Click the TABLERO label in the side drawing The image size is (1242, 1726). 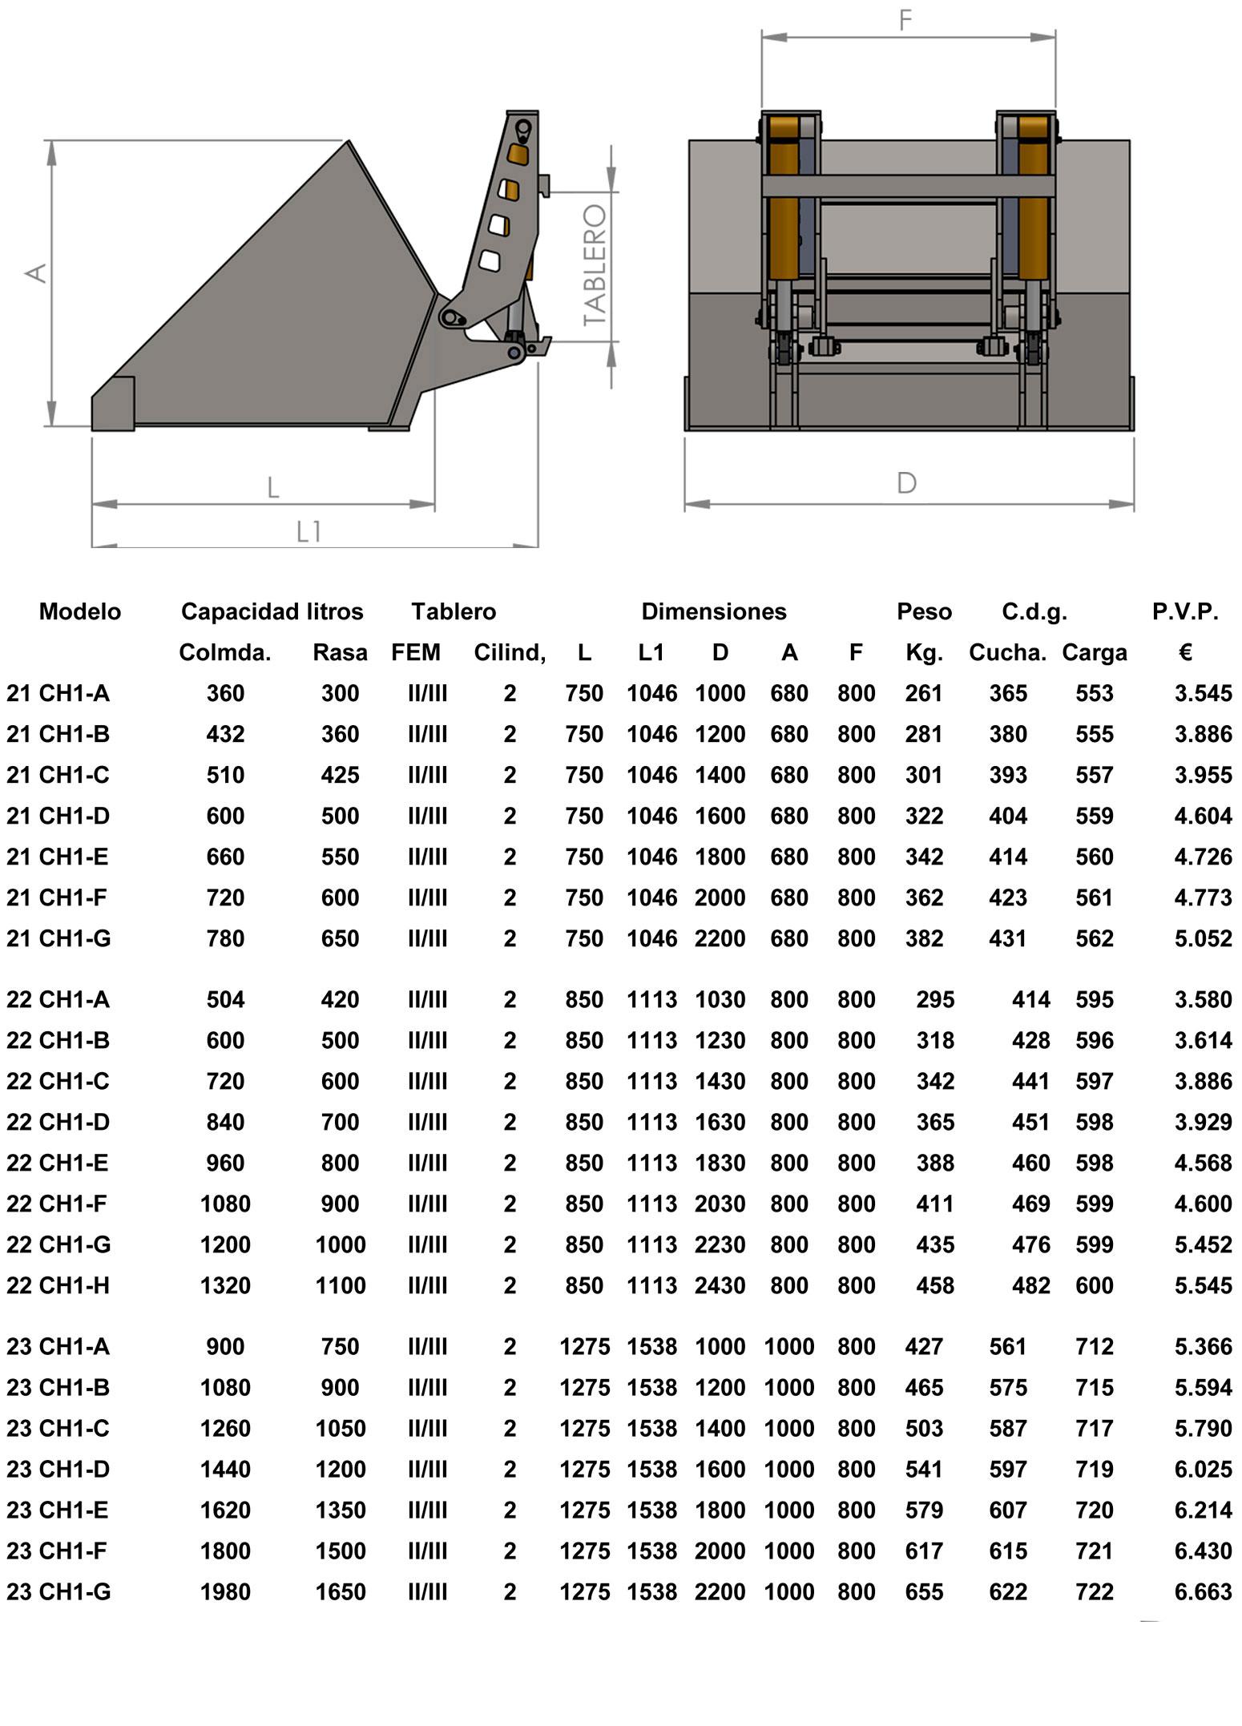[x=595, y=265]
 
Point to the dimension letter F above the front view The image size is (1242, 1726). [x=905, y=20]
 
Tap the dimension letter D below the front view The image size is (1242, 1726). [x=906, y=482]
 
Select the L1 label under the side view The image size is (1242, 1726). [x=309, y=530]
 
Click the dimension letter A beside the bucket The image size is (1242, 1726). [x=36, y=273]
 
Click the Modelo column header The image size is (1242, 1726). [x=80, y=611]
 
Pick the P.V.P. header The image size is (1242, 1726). [x=1185, y=611]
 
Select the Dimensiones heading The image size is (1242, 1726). [x=713, y=611]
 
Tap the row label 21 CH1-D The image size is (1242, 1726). [x=58, y=816]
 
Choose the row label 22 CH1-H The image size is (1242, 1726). [x=58, y=1285]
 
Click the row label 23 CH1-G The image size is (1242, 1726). [x=58, y=1591]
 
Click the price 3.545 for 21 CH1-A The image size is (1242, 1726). [x=1203, y=693]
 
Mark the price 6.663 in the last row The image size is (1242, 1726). [x=1203, y=1591]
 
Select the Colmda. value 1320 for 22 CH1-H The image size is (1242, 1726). [x=225, y=1285]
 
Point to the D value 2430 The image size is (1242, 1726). [x=720, y=1285]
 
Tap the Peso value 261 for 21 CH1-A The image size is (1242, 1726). [x=924, y=693]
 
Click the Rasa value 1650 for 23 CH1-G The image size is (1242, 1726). [x=341, y=1591]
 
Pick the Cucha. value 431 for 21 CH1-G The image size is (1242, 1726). [x=1008, y=938]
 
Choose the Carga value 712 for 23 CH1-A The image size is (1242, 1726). [x=1095, y=1346]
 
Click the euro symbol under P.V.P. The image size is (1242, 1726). [x=1186, y=652]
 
